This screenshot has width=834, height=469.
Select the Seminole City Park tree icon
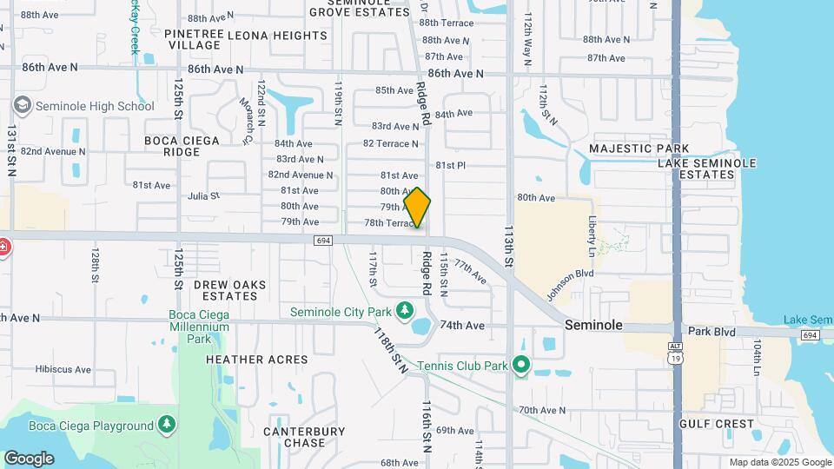click(404, 310)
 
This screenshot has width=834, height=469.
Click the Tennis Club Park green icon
click(521, 365)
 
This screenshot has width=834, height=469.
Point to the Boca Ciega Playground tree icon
click(166, 425)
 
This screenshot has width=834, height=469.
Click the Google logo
click(29, 458)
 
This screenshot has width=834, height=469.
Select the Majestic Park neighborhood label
click(639, 149)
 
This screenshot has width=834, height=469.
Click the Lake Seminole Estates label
click(706, 168)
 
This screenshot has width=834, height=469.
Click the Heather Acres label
click(256, 359)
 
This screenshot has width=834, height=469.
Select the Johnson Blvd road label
click(570, 283)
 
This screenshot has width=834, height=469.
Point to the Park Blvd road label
click(712, 331)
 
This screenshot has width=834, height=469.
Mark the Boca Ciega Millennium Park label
click(199, 320)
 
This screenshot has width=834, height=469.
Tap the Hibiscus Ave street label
click(65, 369)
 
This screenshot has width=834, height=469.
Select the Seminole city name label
click(593, 324)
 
